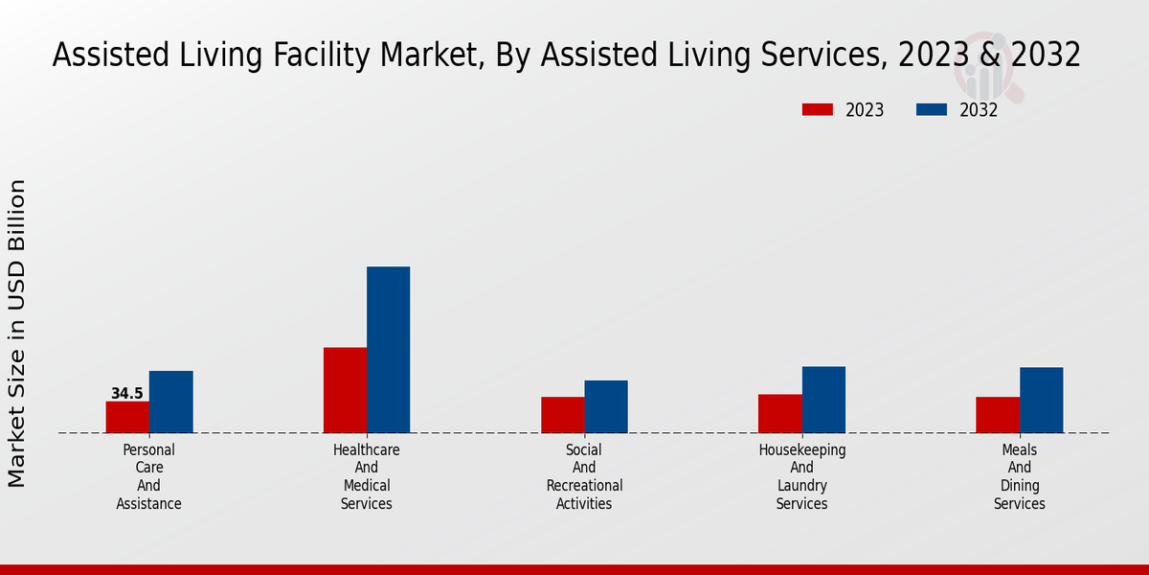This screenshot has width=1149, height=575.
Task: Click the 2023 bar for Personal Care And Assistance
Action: point(127,417)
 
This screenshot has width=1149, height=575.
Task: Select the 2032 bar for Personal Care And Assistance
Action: point(170,402)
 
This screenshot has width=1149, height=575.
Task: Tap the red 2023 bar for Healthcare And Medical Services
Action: point(345,390)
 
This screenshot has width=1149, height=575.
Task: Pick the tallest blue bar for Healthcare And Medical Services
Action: point(388,350)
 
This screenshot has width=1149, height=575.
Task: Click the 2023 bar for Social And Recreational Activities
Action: point(562,415)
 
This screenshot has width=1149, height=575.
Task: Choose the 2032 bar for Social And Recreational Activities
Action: point(606,406)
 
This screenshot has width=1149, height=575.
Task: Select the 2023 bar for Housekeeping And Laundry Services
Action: point(779,413)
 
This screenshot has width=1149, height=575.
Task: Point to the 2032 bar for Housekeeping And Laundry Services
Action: point(823,400)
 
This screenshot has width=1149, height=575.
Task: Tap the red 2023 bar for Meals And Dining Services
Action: point(997,415)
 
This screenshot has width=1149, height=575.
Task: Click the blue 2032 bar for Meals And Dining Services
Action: point(1041,400)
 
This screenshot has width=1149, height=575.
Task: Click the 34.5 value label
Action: point(127,394)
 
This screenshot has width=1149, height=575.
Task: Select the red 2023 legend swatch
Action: point(817,110)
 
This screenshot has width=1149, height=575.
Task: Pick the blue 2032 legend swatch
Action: point(932,110)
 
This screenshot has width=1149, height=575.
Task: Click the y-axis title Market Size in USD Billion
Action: point(17,333)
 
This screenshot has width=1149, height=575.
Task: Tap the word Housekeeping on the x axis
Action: point(801,449)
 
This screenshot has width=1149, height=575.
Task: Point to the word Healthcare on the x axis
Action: point(367,449)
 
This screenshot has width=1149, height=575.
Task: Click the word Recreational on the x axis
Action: point(584,486)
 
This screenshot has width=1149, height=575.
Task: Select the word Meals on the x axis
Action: point(1019,449)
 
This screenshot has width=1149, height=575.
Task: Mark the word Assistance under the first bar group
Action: point(149,504)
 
